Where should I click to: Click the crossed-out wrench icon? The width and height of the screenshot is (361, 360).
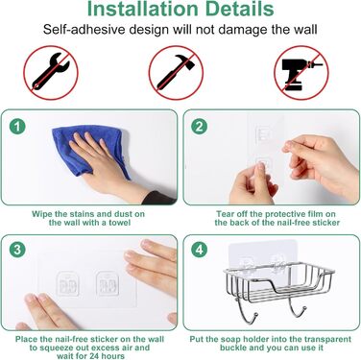click(x=51, y=73)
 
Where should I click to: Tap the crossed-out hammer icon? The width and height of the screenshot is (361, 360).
click(x=176, y=73)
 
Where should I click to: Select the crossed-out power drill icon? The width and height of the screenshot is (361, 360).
click(x=301, y=73)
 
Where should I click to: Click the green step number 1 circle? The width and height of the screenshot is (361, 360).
click(x=17, y=127)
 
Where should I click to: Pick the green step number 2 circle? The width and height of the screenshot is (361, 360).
click(x=199, y=127)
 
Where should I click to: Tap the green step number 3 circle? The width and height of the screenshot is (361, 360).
click(x=17, y=250)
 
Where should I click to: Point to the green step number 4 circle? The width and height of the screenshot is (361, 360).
click(x=199, y=250)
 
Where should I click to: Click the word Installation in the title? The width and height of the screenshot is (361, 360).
click(x=142, y=9)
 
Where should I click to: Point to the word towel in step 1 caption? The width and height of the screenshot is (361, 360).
click(x=119, y=223)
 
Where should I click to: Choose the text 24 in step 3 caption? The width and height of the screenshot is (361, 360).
click(x=94, y=356)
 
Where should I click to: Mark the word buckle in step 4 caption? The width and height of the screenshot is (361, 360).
click(x=232, y=348)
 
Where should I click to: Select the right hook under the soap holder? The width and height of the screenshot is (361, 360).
click(x=299, y=306)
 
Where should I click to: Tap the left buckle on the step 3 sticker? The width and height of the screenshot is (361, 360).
click(x=68, y=283)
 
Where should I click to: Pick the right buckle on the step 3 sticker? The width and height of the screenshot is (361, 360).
click(x=108, y=283)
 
